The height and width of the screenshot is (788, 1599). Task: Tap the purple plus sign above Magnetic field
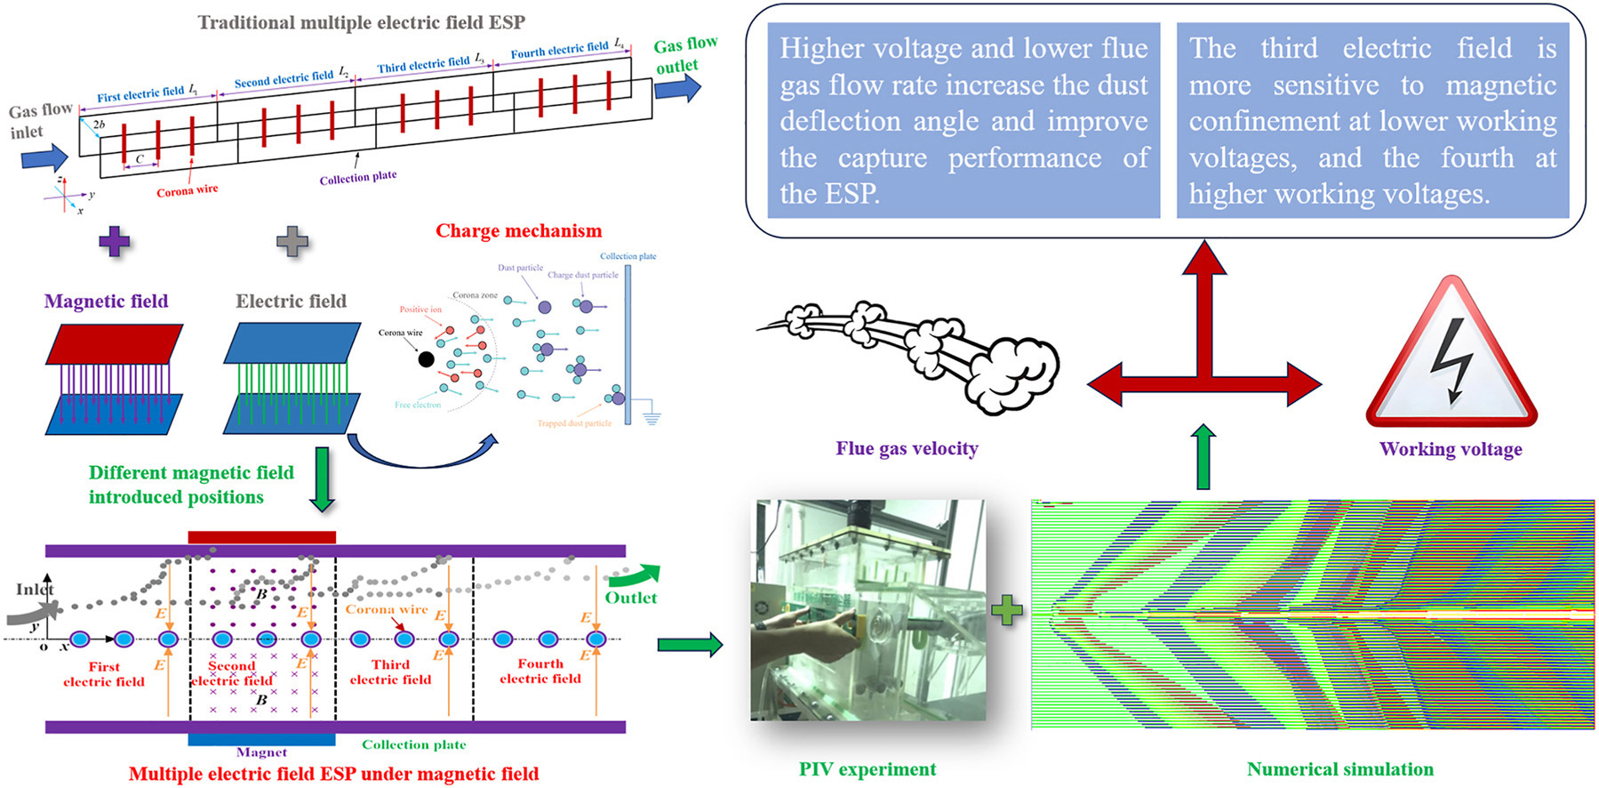pos(115,241)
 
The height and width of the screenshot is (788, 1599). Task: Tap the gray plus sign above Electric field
pos(292,241)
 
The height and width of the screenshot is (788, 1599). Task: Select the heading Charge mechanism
pos(518,231)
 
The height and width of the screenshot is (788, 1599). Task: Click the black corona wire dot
pos(427,359)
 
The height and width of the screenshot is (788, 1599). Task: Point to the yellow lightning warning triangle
pos(1451,360)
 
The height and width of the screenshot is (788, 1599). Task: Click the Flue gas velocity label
pos(907,449)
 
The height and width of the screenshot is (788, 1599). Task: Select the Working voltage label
pos(1451,450)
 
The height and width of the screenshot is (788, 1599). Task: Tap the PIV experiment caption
pos(867,770)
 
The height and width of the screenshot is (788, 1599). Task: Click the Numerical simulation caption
pos(1340,770)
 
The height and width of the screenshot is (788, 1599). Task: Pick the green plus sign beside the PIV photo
pos(1007,611)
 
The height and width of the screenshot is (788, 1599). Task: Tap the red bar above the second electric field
pos(262,537)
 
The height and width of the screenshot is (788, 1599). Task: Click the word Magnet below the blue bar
pos(261,752)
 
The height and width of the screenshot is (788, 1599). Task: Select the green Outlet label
pos(631,599)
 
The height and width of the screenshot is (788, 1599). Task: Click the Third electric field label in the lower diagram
pos(390,672)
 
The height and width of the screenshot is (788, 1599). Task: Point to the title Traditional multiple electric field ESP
pos(361,22)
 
